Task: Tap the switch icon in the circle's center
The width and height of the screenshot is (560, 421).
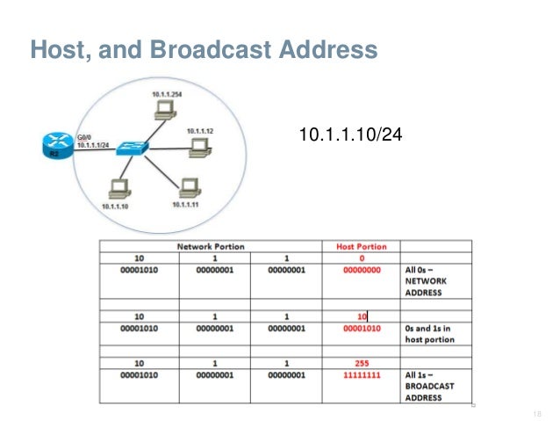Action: tap(136, 148)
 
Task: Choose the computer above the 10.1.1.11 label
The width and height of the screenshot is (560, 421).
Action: tap(186, 187)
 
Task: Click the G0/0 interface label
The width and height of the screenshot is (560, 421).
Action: tap(85, 137)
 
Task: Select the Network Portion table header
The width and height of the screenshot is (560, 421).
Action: tap(211, 247)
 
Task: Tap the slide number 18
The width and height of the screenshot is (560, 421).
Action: tap(536, 410)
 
